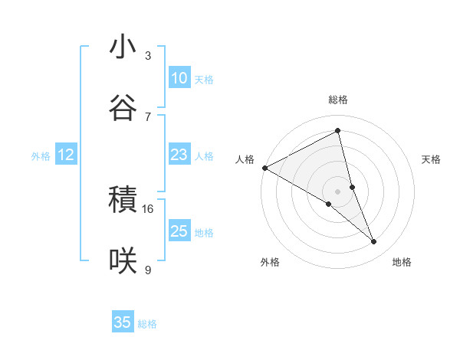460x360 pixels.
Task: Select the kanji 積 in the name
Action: (123, 201)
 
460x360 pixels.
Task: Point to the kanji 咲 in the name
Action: (123, 261)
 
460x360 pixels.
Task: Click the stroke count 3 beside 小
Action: (148, 56)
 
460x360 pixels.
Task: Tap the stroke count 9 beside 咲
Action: (148, 270)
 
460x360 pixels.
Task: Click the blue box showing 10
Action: (179, 78)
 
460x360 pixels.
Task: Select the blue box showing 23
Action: (179, 155)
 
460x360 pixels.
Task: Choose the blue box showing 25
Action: (179, 231)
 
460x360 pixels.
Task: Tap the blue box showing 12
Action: (66, 155)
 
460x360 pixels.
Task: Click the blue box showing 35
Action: (123, 322)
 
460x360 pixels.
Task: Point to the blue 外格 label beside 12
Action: (41, 156)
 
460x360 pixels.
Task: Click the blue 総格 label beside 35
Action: (147, 324)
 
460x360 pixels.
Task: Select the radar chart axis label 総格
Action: (338, 100)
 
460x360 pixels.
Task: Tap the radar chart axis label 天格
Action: (432, 159)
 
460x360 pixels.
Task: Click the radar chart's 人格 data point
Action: (264, 168)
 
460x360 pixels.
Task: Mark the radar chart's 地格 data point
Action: (374, 242)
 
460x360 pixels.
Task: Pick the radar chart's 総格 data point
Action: (338, 130)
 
